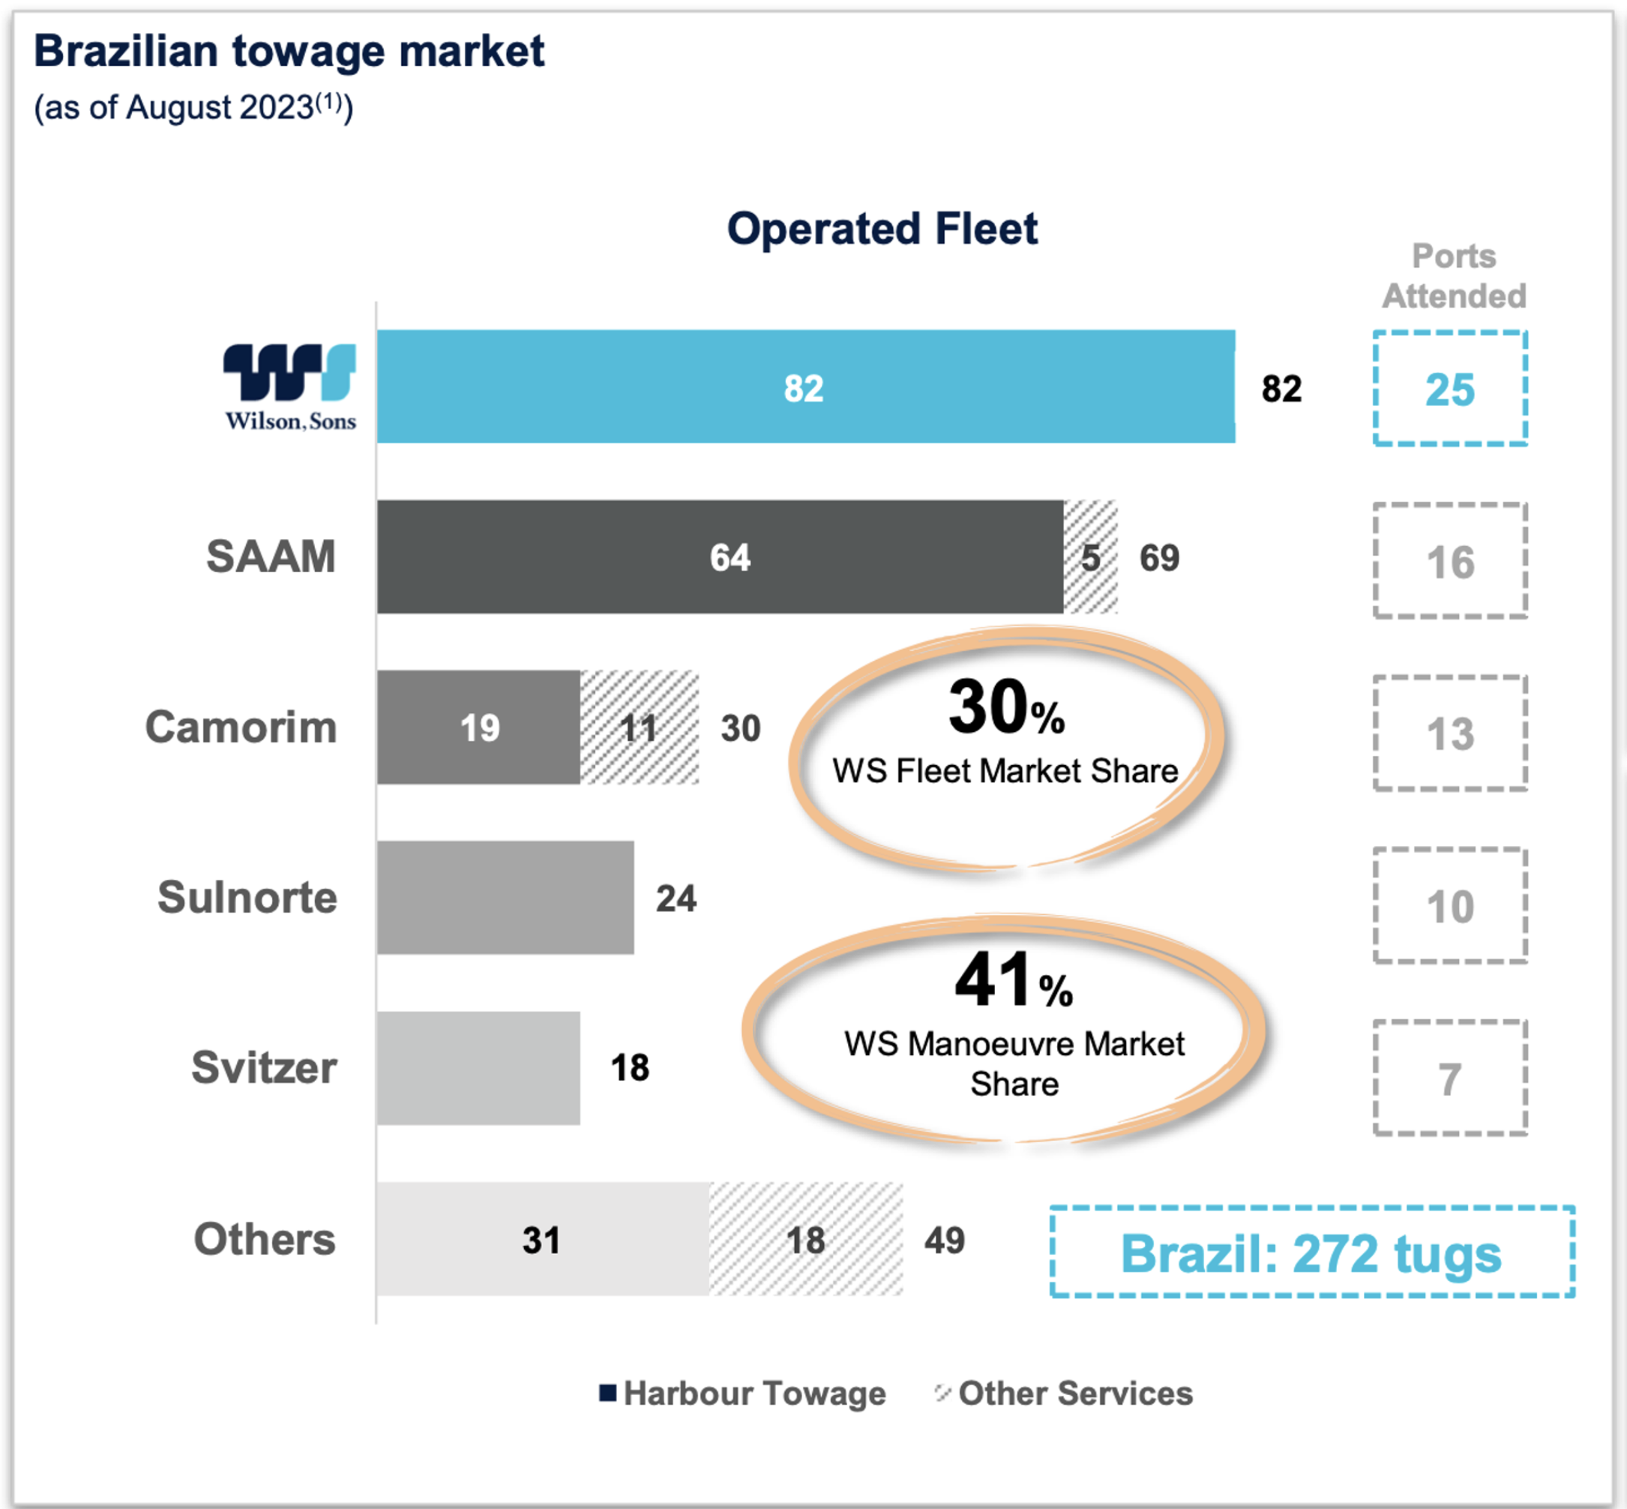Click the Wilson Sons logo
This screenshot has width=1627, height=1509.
coord(290,387)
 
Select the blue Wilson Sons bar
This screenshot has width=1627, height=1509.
coord(805,387)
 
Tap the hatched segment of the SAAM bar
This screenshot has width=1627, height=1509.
coord(1090,558)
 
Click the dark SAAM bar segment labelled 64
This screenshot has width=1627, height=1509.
coord(720,558)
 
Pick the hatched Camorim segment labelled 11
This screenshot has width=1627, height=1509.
coord(640,727)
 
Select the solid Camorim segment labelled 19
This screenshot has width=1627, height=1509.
coord(478,727)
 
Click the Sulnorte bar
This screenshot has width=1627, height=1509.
coord(505,898)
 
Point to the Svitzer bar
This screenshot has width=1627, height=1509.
coord(478,1068)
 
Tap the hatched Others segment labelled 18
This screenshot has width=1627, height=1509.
coord(806,1239)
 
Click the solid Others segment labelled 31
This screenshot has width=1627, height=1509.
coord(543,1239)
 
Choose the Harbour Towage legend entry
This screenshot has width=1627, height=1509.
coord(743,1393)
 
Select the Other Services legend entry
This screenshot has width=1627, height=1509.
coord(1065,1393)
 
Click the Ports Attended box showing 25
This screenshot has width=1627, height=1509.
coord(1450,388)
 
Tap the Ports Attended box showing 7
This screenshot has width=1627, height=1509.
coord(1450,1078)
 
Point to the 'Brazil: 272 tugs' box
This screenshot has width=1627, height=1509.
coord(1312,1252)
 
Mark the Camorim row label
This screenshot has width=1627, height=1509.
coord(241,727)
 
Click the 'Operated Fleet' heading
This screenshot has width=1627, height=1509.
coord(882,229)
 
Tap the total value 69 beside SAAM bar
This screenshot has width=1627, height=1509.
coord(1159,559)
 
